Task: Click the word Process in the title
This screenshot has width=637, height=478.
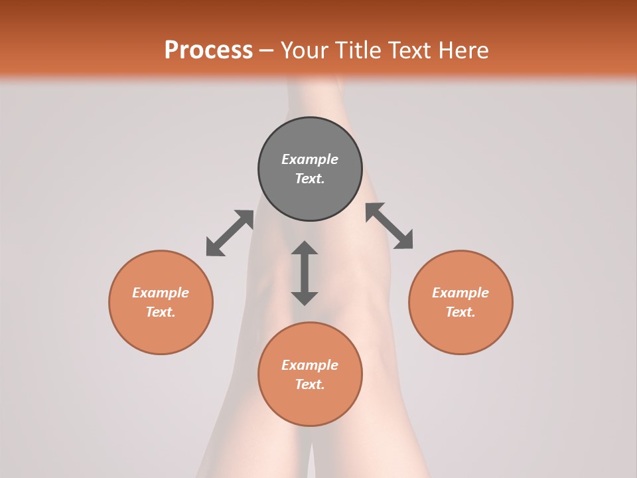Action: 208,50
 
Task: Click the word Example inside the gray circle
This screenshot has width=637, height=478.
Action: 310,159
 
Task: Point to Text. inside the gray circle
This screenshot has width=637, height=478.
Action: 310,179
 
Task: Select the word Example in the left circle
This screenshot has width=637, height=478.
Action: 161,293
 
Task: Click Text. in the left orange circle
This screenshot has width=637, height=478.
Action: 161,312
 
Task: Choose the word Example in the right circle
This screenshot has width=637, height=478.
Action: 460,293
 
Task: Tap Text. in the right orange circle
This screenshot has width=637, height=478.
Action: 460,312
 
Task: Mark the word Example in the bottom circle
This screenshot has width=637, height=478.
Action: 310,365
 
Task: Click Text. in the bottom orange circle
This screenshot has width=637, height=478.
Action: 310,384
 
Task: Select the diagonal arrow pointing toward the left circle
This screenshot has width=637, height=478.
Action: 230,233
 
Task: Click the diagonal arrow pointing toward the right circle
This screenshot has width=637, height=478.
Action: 389,226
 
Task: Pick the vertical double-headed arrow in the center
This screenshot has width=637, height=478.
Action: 305,273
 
